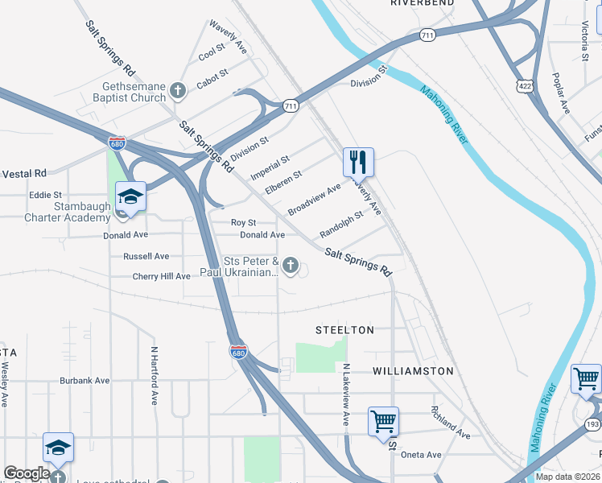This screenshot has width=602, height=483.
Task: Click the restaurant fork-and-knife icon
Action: click(358, 162)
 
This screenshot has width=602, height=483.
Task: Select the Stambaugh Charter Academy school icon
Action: click(130, 196)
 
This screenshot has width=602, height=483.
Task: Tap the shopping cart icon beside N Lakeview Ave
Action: click(384, 420)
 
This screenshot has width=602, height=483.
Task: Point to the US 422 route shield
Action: click(525, 85)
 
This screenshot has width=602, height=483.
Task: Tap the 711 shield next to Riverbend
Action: click(427, 35)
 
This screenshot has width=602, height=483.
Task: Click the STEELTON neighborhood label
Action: click(344, 330)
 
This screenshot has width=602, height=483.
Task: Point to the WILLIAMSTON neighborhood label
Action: click(414, 371)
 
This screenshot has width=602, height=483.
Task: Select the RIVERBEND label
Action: click(417, 4)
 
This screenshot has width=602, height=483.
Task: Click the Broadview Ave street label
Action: click(314, 198)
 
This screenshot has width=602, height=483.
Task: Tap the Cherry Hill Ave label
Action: click(161, 276)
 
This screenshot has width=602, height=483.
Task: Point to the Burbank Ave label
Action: click(85, 380)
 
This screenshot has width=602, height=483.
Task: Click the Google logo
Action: click(27, 473)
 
